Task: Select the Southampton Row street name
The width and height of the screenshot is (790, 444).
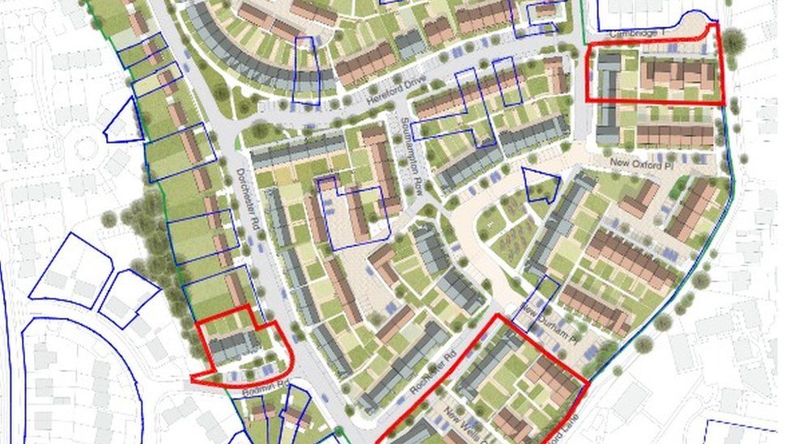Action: [x=415, y=159]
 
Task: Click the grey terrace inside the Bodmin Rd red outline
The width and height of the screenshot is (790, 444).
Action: [x=235, y=346]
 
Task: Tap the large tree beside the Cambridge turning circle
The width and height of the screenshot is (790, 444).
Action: [x=733, y=40]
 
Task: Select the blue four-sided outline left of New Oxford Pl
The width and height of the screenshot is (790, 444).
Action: [x=540, y=185]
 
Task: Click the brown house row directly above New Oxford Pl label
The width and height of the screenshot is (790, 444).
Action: [x=675, y=133]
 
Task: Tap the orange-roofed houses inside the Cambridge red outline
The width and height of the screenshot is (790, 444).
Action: [x=678, y=74]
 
